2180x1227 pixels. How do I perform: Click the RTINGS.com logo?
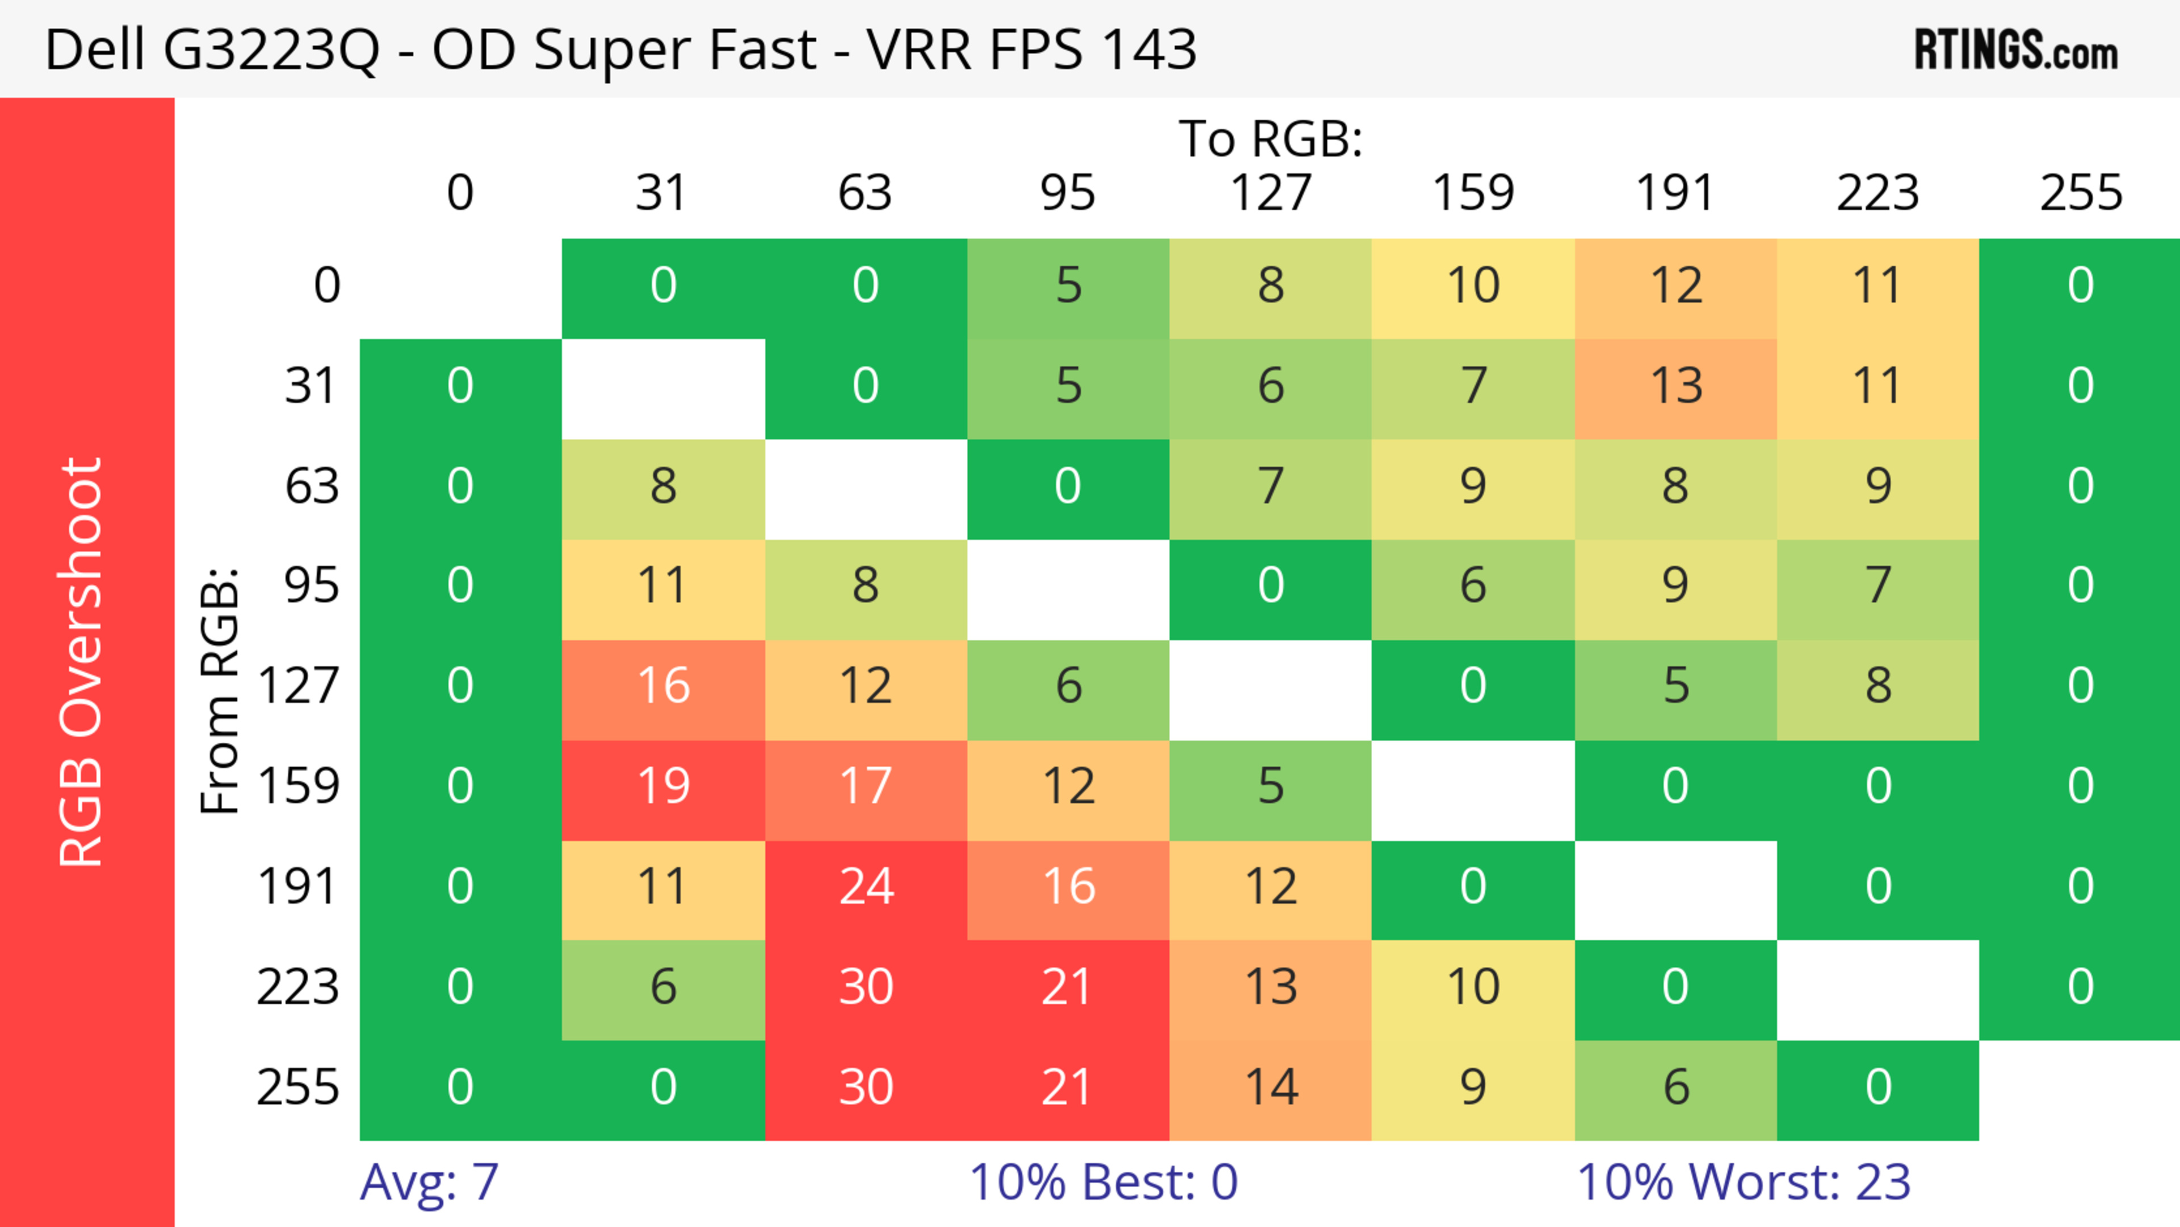(x=2016, y=50)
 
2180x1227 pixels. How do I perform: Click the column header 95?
(x=1068, y=193)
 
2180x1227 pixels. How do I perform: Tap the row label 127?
(x=299, y=685)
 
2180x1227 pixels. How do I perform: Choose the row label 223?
(x=298, y=987)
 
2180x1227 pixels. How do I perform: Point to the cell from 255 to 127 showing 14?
(x=1271, y=1087)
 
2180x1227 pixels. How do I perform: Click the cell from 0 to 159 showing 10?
(x=1473, y=285)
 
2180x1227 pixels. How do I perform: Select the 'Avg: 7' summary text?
(x=429, y=1182)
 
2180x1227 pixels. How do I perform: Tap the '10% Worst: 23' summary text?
(x=1744, y=1182)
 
